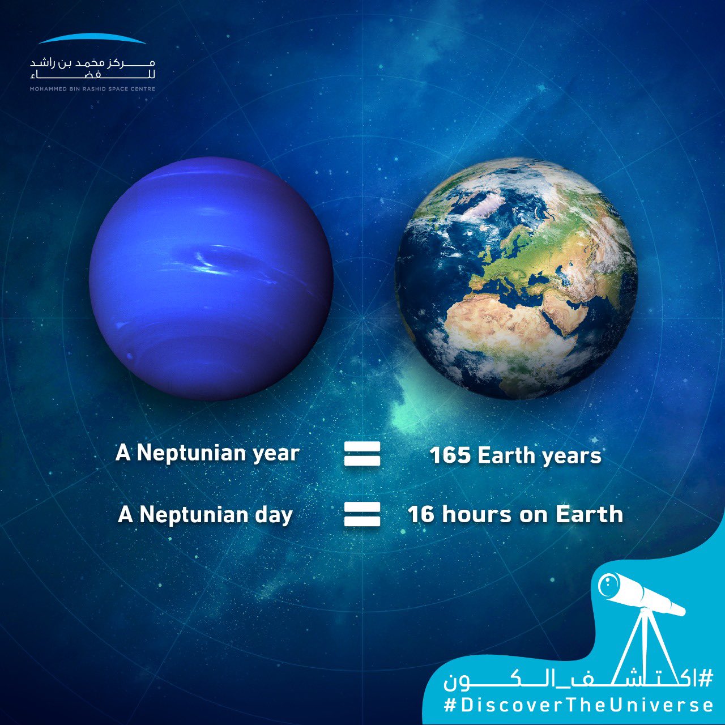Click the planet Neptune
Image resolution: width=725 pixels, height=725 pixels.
pyautogui.click(x=211, y=279)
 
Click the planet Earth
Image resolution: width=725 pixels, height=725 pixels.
pyautogui.click(x=516, y=279)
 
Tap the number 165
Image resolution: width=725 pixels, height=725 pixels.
pyautogui.click(x=450, y=455)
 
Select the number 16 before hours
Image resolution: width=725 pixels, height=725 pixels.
pyautogui.click(x=421, y=514)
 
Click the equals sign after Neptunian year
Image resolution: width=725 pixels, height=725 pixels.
pyautogui.click(x=362, y=454)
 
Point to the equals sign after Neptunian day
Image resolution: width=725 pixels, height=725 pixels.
pyautogui.click(x=362, y=514)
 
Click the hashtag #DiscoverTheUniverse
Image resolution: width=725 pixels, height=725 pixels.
pyautogui.click(x=578, y=705)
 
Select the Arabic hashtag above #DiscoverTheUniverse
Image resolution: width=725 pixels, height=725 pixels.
pyautogui.click(x=578, y=678)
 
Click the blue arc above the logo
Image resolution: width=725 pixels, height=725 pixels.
pyautogui.click(x=93, y=39)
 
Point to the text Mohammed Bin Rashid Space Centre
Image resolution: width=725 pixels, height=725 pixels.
pyautogui.click(x=92, y=89)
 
